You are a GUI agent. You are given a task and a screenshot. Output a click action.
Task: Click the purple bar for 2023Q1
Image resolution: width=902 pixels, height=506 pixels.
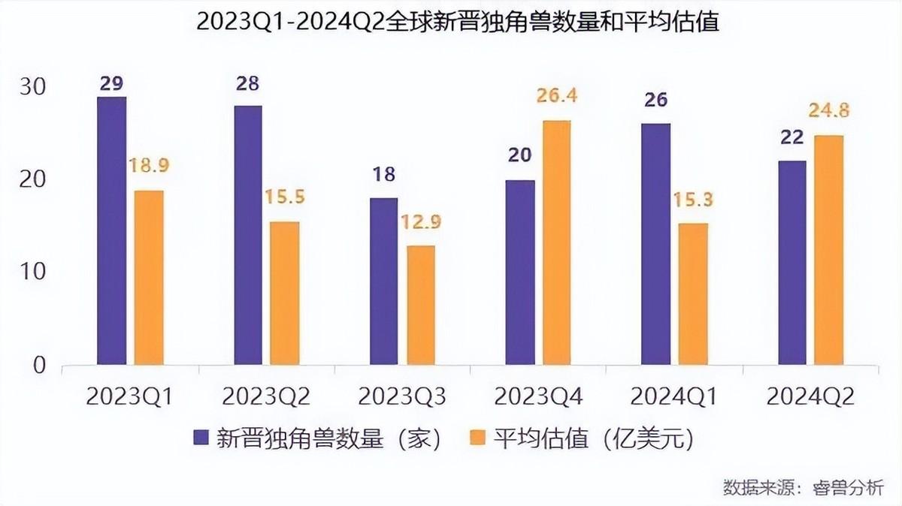point(112,230)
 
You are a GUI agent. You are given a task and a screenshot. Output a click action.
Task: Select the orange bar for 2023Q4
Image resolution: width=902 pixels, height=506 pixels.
point(555,242)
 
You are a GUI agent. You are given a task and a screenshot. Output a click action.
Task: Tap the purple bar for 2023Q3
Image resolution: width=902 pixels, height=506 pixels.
point(383,282)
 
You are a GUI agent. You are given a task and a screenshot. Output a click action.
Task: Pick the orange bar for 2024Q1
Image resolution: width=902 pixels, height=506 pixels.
point(692,294)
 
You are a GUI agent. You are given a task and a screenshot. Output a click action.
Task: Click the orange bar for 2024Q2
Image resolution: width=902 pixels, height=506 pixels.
point(828,250)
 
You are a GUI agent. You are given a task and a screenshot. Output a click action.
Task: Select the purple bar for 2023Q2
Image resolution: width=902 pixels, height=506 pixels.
point(248,235)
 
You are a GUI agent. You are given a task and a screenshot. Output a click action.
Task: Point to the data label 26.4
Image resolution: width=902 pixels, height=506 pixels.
point(556,97)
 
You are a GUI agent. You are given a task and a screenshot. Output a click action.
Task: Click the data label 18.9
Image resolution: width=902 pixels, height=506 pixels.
point(150,167)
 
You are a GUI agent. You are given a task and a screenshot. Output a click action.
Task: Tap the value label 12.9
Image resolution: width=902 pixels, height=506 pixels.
point(421,222)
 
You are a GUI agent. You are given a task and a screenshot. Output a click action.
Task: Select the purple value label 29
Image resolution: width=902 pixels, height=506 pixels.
point(111,83)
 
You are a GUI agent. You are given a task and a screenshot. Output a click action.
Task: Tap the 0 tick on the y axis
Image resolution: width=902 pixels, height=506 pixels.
point(39,366)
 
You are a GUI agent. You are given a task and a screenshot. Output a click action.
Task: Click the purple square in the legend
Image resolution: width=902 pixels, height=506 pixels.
point(201,438)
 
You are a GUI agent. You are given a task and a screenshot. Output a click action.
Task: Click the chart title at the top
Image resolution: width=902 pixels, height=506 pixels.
point(450,22)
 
